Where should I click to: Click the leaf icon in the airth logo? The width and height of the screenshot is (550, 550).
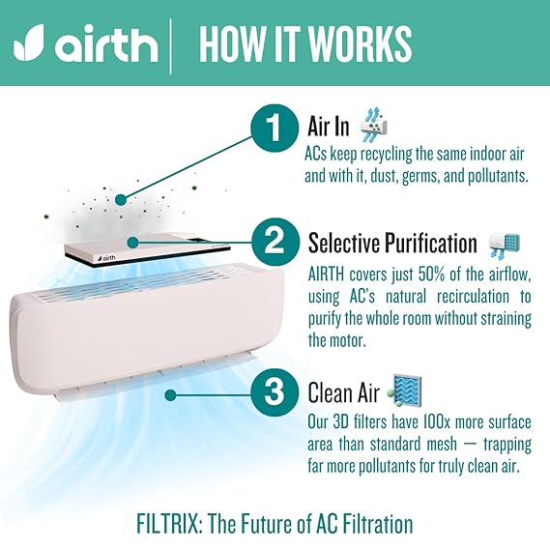(29, 43)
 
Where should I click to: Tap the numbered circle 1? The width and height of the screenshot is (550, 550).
(274, 127)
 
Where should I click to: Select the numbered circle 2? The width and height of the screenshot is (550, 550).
(275, 242)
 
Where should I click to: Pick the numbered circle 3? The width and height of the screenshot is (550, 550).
(275, 391)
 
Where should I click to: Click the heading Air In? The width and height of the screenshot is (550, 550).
(329, 127)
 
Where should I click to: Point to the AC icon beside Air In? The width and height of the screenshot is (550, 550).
(374, 126)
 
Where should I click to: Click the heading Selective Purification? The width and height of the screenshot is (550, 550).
(392, 243)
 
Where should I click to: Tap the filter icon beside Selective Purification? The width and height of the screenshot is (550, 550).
(505, 246)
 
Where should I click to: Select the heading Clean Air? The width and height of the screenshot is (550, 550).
(344, 392)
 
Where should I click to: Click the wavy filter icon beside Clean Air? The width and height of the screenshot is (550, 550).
(404, 391)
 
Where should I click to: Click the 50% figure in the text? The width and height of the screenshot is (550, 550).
(432, 275)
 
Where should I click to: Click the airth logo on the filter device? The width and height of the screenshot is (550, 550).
(107, 258)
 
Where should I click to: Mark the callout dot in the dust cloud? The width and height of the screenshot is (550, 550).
(121, 200)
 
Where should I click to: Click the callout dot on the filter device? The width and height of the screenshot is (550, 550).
(132, 242)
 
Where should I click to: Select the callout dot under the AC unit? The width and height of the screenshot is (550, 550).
(170, 395)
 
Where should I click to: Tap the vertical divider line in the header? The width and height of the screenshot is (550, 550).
(171, 46)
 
